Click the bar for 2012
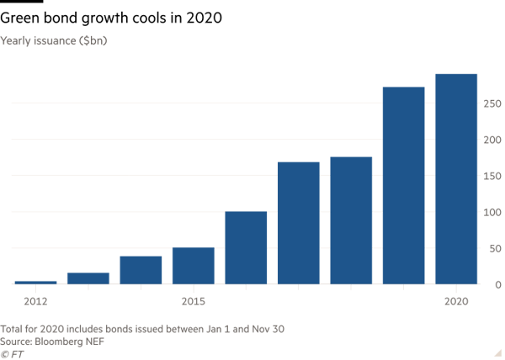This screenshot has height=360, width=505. tap(35, 282)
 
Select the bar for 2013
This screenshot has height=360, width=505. tap(88, 278)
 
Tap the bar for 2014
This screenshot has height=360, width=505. tap(141, 270)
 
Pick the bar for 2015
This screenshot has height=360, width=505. tap(193, 265)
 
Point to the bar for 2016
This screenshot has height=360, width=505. tap(246, 247)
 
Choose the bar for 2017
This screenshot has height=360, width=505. tap(298, 223)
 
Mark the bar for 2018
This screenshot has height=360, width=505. tap(351, 220)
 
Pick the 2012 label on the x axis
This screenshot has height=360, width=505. tap(35, 301)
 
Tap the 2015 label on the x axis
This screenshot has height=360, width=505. tap(193, 301)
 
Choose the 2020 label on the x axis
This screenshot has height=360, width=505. tap(456, 301)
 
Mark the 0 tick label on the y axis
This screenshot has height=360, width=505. tap(497, 284)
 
